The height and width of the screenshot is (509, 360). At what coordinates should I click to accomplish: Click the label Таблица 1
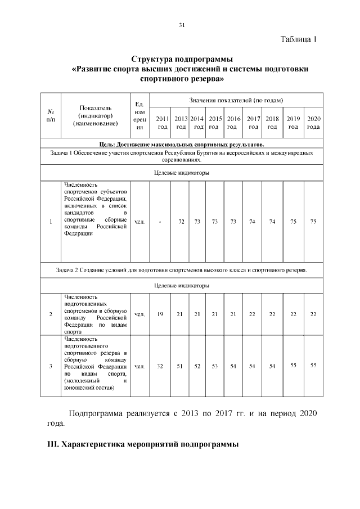(299, 39)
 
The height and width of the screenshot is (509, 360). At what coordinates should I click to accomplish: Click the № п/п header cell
(51, 115)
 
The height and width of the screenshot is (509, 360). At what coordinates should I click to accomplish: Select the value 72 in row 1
(181, 222)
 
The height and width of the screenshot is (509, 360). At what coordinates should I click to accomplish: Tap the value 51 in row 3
(181, 366)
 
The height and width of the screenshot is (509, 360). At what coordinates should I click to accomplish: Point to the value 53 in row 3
(214, 366)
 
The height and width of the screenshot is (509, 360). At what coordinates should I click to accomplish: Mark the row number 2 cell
(51, 314)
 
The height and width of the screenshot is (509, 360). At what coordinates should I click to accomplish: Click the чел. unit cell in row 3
(140, 366)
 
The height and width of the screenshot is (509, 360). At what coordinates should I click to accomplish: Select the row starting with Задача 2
(182, 271)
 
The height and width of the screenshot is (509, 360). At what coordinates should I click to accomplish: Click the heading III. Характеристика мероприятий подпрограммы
(143, 444)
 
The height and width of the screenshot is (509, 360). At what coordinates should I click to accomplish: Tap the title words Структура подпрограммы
(182, 58)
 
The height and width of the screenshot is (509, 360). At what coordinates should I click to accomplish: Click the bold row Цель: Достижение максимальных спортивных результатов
(182, 145)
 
